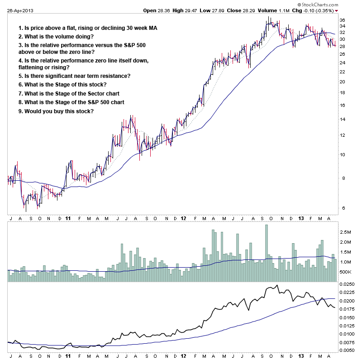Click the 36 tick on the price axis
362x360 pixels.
pos(343,20)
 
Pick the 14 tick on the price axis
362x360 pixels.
pos(343,120)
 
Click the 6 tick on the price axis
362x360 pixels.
pos(342,208)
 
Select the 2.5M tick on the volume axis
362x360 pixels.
pos(346,232)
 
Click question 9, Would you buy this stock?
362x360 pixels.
pos(56,111)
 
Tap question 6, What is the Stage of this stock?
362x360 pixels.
pos(62,85)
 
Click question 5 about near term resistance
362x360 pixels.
pos(74,76)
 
